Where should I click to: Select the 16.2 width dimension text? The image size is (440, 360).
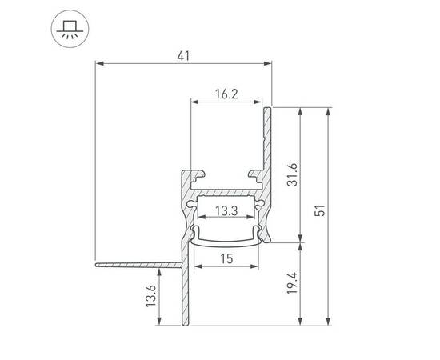point(226,94)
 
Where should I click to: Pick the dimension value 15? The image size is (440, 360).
point(226,258)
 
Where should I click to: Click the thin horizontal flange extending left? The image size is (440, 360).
point(136,262)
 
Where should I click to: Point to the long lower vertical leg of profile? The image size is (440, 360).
point(187,296)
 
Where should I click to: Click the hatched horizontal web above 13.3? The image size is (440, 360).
point(226,192)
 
